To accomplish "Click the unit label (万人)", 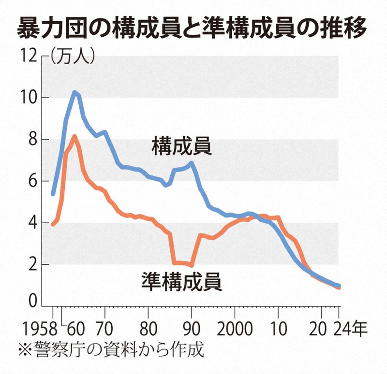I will pos(73,57).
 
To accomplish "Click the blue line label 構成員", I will pos(182,145).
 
